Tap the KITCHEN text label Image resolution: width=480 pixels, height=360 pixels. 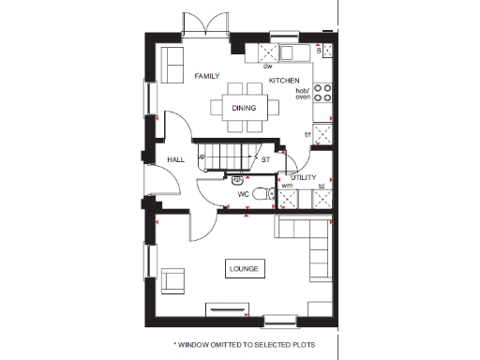pyautogui.click(x=284, y=82)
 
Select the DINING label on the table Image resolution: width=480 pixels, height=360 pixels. pyautogui.click(x=244, y=108)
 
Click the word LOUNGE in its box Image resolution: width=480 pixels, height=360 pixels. pyautogui.click(x=244, y=270)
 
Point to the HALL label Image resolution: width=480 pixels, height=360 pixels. pyautogui.click(x=175, y=160)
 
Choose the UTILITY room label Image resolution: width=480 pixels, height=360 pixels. pyautogui.click(x=304, y=177)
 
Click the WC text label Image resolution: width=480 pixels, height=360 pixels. pyautogui.click(x=243, y=194)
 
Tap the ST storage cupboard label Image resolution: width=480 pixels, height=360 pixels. pyautogui.click(x=265, y=160)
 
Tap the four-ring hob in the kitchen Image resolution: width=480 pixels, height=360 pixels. pyautogui.click(x=323, y=93)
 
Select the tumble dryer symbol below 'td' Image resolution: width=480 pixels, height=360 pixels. pyautogui.click(x=322, y=197)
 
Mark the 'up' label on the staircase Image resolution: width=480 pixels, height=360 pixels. pyautogui.click(x=202, y=157)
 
